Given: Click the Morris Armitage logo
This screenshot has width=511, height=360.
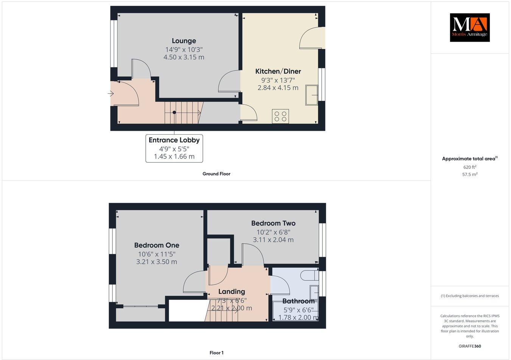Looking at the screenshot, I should click(469, 27).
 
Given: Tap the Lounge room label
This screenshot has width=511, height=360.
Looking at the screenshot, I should click(184, 41).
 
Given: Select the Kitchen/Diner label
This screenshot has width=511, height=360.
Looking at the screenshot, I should click(278, 71).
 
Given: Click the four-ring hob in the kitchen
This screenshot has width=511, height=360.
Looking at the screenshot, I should click(280, 116).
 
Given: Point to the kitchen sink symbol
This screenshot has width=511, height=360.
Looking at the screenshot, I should click(312, 95).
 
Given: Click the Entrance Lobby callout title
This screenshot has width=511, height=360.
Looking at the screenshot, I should click(174, 140).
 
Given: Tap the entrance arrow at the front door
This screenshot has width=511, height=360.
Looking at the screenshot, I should click(111, 93).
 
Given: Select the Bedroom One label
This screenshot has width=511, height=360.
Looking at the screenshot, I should click(157, 245).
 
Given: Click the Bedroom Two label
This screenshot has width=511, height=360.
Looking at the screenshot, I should click(273, 223).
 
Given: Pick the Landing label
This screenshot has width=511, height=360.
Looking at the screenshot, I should click(232, 292).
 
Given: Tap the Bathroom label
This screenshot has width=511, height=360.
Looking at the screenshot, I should click(299, 301).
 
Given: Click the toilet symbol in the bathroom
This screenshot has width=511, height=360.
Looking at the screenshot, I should click(311, 275).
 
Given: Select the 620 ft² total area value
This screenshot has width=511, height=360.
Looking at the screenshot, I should click(470, 167).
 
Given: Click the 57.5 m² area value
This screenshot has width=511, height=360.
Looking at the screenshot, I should click(470, 175).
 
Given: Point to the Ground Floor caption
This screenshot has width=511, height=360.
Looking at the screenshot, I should click(217, 174).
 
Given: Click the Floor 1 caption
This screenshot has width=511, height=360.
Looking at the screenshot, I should click(217, 353).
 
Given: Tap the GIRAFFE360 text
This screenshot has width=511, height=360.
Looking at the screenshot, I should click(469, 346).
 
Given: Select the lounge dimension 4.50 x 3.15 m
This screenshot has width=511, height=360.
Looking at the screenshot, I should click(184, 57).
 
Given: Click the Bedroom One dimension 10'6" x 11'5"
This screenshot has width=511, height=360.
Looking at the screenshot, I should click(157, 254).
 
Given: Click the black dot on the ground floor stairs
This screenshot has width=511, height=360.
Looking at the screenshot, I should click(174, 112).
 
